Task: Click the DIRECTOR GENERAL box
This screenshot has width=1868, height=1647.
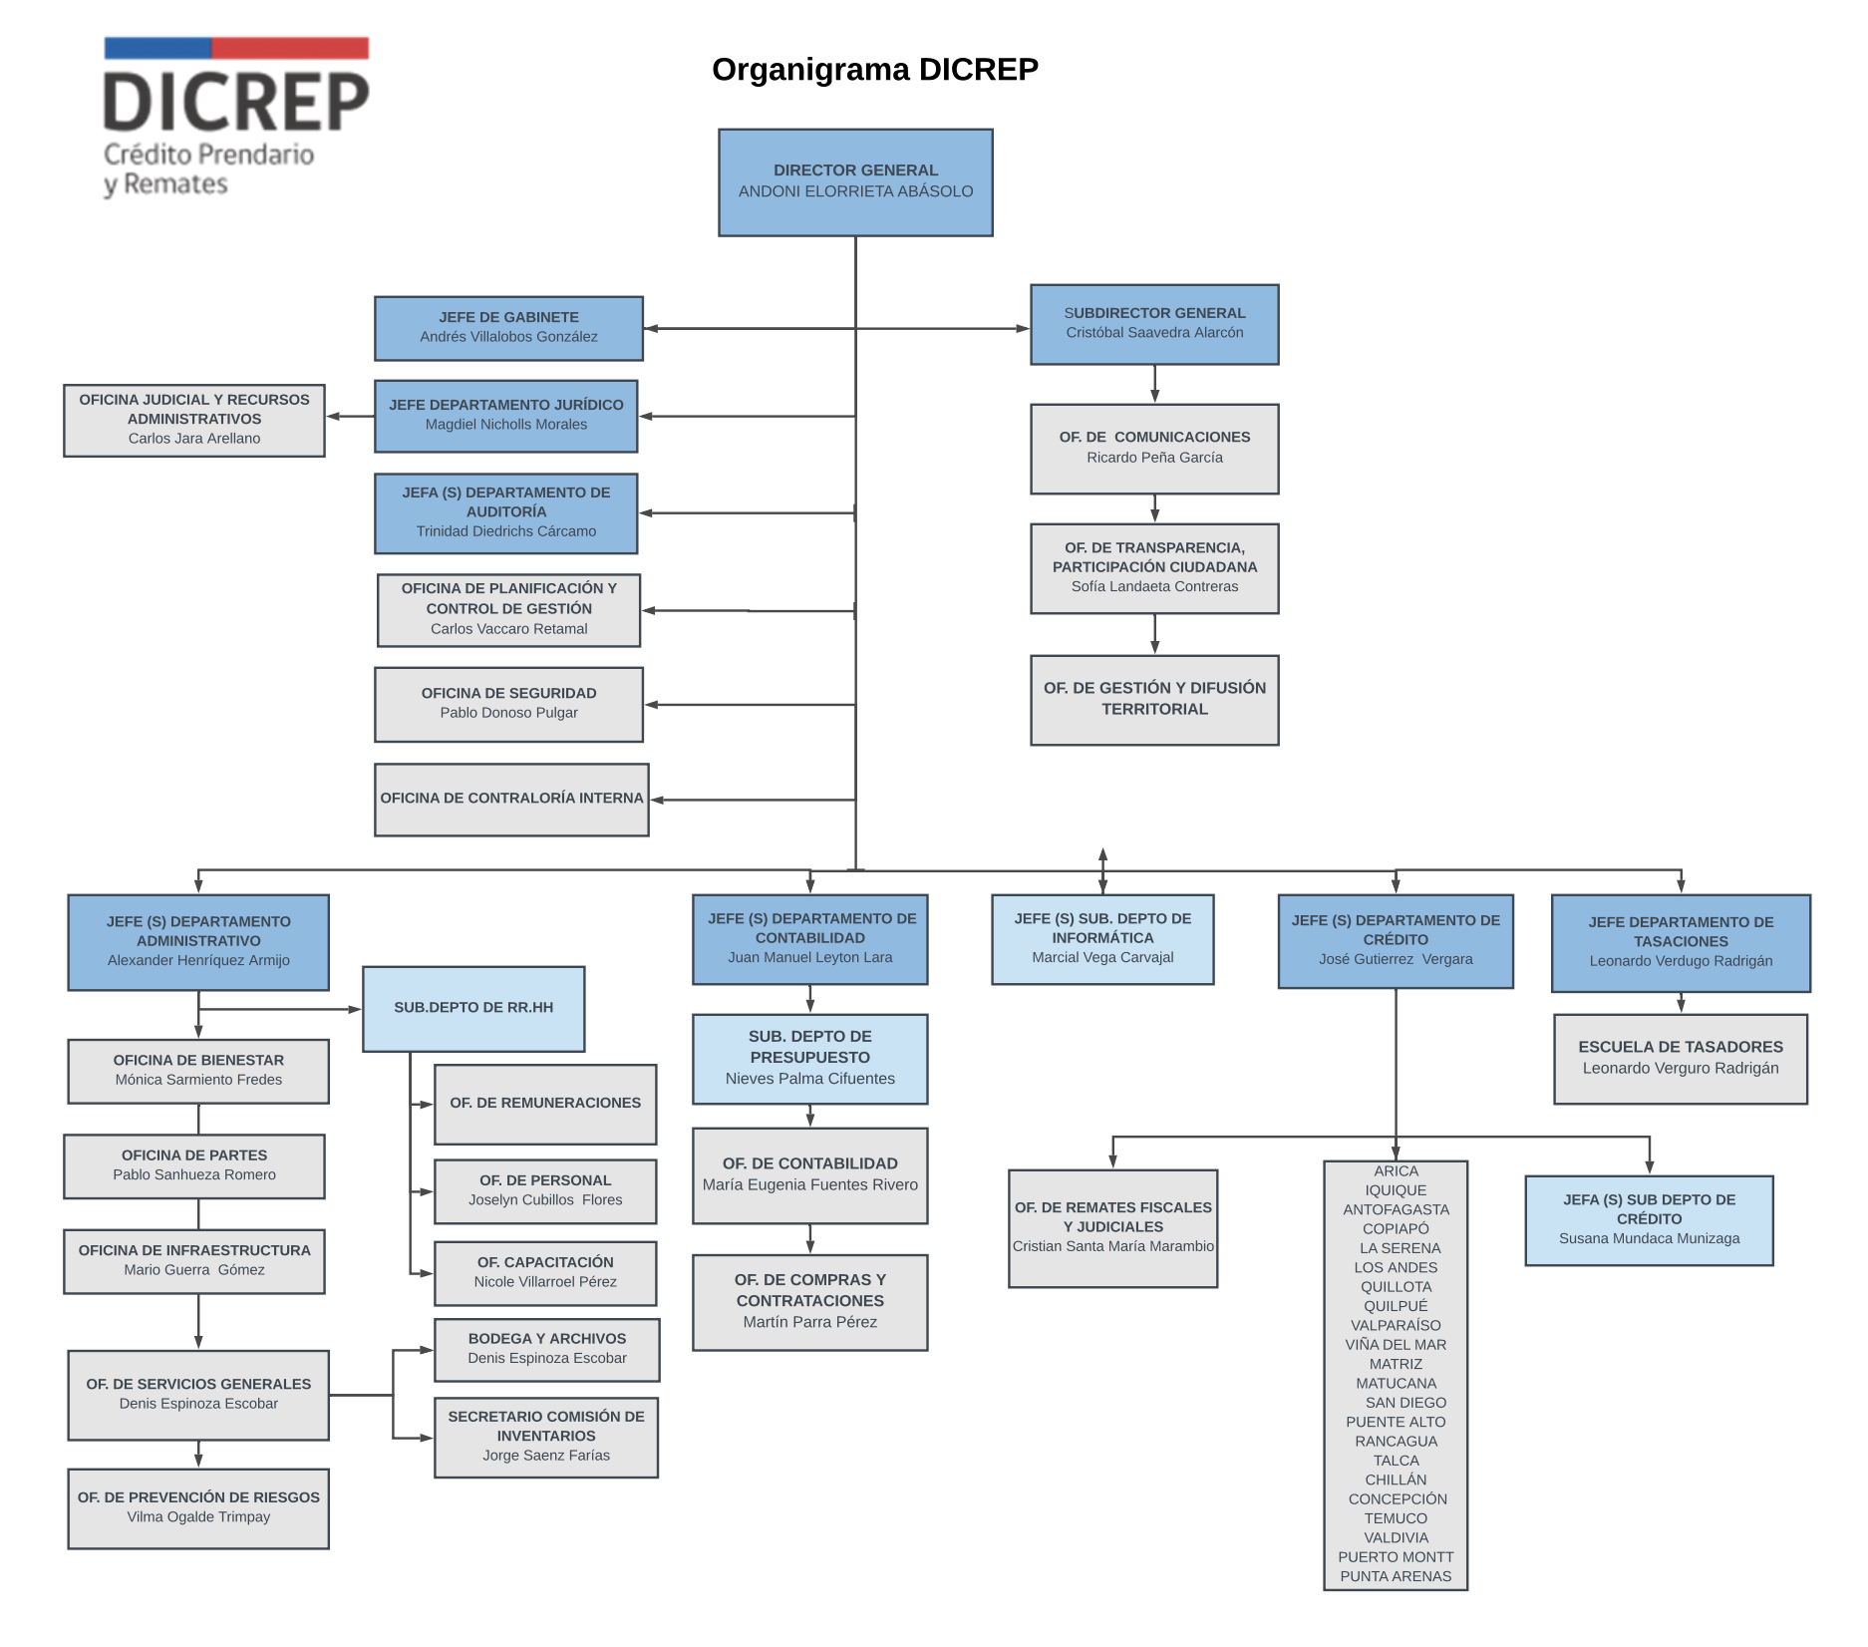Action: click(x=855, y=181)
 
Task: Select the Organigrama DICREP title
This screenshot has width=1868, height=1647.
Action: click(x=874, y=70)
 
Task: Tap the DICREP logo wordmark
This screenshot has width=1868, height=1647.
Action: click(x=236, y=103)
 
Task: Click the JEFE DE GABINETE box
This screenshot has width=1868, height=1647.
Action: click(x=508, y=328)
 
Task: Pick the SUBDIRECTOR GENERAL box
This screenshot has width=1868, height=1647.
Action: click(x=1154, y=324)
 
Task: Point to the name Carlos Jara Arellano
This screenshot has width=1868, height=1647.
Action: click(x=194, y=439)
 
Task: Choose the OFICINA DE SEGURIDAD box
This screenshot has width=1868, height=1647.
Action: click(x=508, y=704)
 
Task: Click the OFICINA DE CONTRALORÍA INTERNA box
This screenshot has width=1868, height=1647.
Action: click(x=511, y=799)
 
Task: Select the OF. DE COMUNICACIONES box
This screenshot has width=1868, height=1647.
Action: click(x=1154, y=448)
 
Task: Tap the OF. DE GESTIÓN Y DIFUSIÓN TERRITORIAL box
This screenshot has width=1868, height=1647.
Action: click(x=1154, y=699)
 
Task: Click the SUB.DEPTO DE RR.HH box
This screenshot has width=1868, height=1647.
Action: click(x=473, y=1008)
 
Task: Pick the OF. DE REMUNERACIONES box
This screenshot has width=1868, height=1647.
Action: click(x=545, y=1104)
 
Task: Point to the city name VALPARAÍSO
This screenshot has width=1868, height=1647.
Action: click(x=1396, y=1326)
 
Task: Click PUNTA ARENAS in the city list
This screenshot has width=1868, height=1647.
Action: click(x=1396, y=1577)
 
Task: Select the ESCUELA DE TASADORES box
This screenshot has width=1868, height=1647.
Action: click(x=1681, y=1059)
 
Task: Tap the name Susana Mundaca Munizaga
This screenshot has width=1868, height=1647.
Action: click(x=1649, y=1239)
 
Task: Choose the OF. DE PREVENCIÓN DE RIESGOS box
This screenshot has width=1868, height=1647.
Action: click(x=198, y=1507)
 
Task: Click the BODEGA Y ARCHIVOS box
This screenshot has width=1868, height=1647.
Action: click(x=547, y=1349)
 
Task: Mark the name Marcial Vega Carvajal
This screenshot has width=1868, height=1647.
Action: click(x=1102, y=958)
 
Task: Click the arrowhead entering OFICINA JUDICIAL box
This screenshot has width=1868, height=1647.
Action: click(x=334, y=417)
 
